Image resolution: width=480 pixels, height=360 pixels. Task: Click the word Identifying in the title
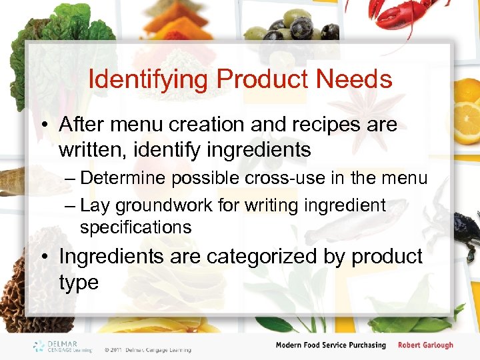click(x=148, y=80)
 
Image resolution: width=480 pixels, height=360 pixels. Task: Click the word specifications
click(x=135, y=227)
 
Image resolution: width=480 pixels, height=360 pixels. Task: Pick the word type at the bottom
click(x=78, y=282)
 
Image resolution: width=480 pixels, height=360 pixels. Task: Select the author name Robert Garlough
click(x=425, y=345)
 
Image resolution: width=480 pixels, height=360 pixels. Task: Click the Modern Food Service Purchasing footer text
click(x=331, y=345)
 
